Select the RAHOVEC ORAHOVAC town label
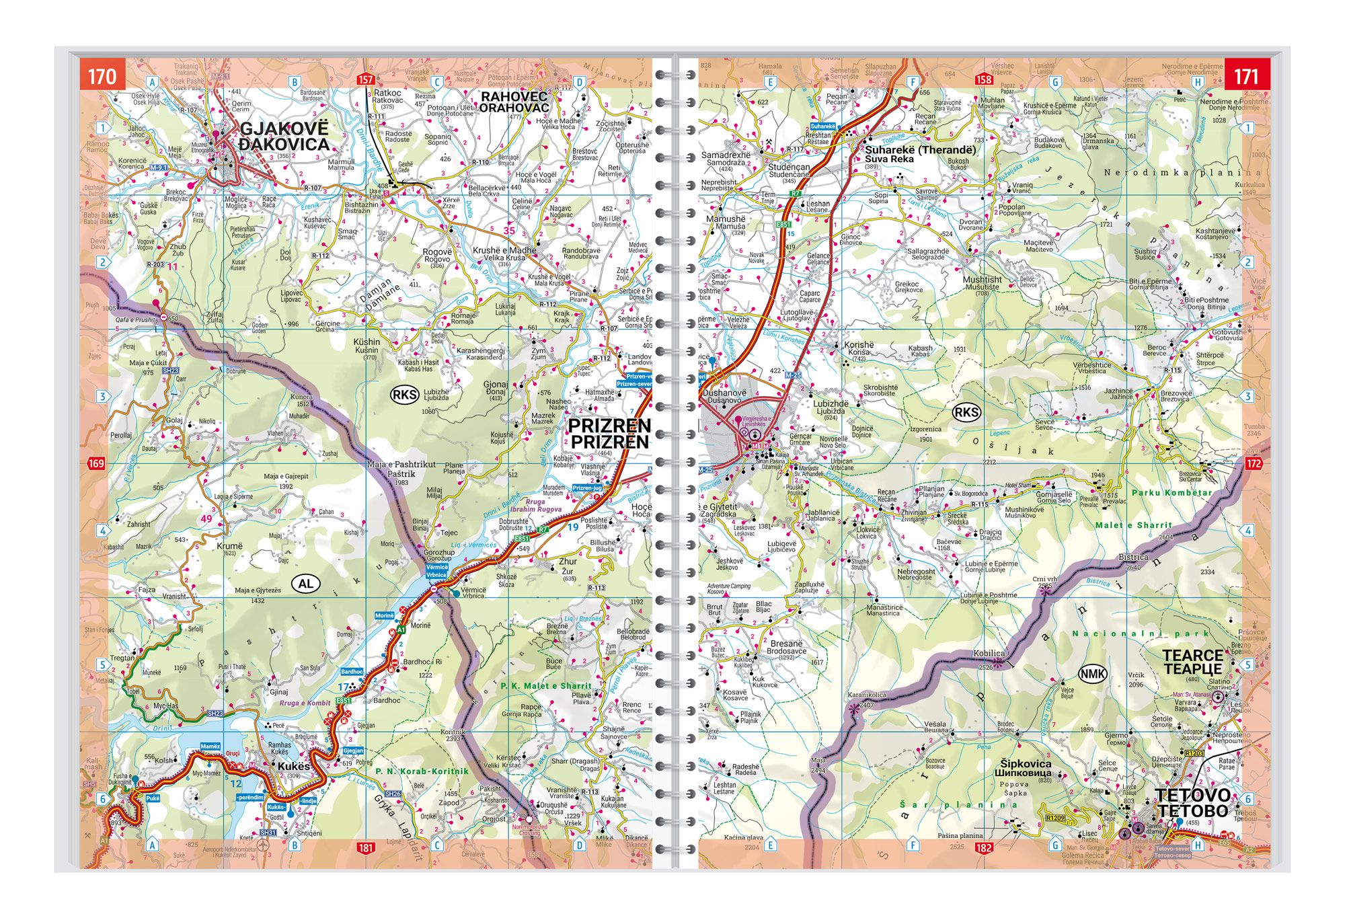tap(514, 102)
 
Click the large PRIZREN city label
tap(609, 434)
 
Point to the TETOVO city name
tap(1193, 804)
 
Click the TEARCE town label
tap(1192, 662)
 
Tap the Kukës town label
tap(294, 767)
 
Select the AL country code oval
tap(305, 583)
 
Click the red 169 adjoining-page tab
tap(96, 463)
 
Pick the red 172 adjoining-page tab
tap(1254, 463)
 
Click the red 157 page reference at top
tap(365, 79)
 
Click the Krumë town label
tap(229, 546)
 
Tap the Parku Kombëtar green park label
tap(1171, 493)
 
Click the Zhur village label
tap(568, 561)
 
